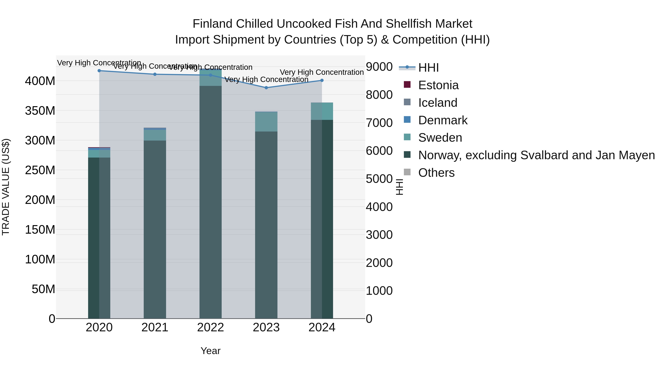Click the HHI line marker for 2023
click(x=266, y=88)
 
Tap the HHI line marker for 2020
click(x=99, y=71)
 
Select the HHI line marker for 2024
click(x=322, y=81)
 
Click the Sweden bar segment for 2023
click(x=266, y=122)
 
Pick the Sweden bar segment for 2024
click(x=322, y=111)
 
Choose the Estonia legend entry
click(x=438, y=85)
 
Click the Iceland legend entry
click(x=438, y=103)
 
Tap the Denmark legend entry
click(x=442, y=120)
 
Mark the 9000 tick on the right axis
click(x=379, y=67)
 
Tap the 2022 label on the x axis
click(x=210, y=327)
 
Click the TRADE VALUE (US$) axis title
click(x=6, y=187)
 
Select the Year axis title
click(x=210, y=351)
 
